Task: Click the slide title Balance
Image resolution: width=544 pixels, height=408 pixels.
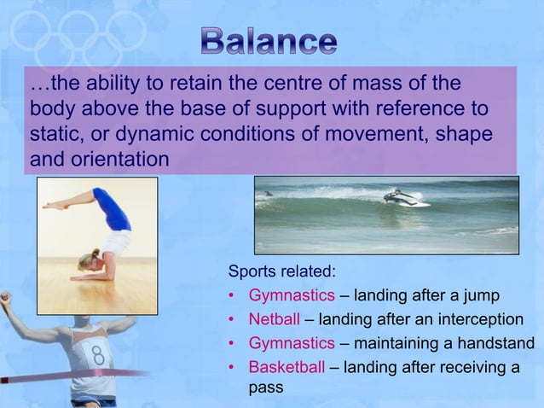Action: click(269, 41)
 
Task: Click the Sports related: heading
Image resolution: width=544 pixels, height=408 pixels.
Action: click(281, 272)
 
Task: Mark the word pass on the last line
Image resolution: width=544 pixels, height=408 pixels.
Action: click(265, 388)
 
